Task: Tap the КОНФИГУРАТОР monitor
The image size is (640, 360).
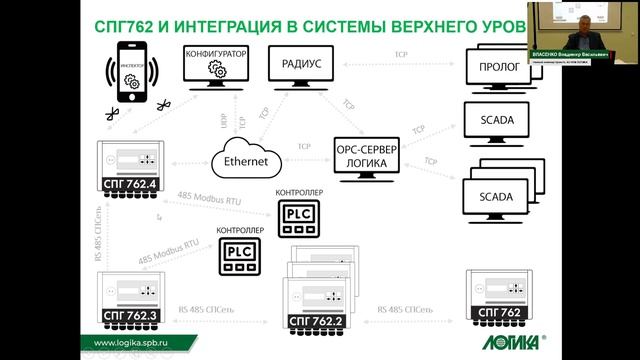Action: [x=216, y=67]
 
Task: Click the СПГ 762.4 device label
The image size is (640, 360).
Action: [x=131, y=184]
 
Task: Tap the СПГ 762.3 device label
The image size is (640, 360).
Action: [x=131, y=316]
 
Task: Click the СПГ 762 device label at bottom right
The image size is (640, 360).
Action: [x=496, y=315]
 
